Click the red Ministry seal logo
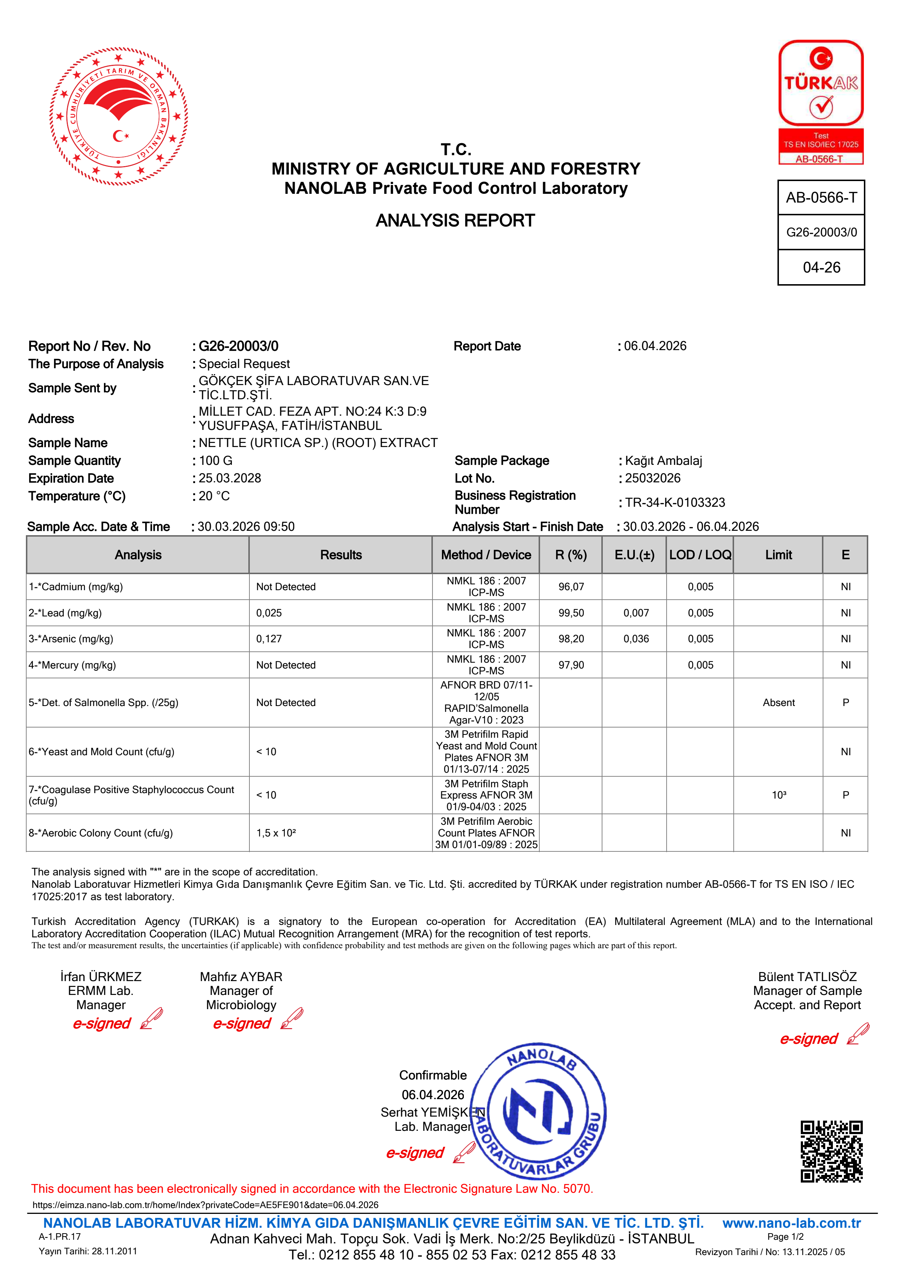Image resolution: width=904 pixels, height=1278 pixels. click(x=118, y=116)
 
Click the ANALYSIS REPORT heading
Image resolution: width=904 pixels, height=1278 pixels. click(x=455, y=220)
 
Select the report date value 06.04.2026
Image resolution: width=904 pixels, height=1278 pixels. click(x=655, y=346)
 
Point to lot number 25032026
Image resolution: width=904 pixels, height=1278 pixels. click(x=652, y=478)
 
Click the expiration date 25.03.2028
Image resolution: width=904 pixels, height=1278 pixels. click(x=229, y=478)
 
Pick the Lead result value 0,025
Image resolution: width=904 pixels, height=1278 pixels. click(x=269, y=613)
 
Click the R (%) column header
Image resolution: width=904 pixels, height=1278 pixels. click(x=571, y=555)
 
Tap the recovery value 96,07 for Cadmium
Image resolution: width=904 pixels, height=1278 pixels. click(x=571, y=587)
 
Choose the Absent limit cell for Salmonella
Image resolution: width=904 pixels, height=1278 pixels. click(x=778, y=702)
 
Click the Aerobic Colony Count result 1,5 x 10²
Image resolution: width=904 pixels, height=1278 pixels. click(x=276, y=833)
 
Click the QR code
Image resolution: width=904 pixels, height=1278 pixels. click(x=831, y=1151)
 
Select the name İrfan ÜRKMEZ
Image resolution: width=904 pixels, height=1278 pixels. click(x=101, y=976)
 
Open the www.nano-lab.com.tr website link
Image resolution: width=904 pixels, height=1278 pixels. click(x=791, y=1223)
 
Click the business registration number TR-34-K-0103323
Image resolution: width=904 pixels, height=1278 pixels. click(x=675, y=503)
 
